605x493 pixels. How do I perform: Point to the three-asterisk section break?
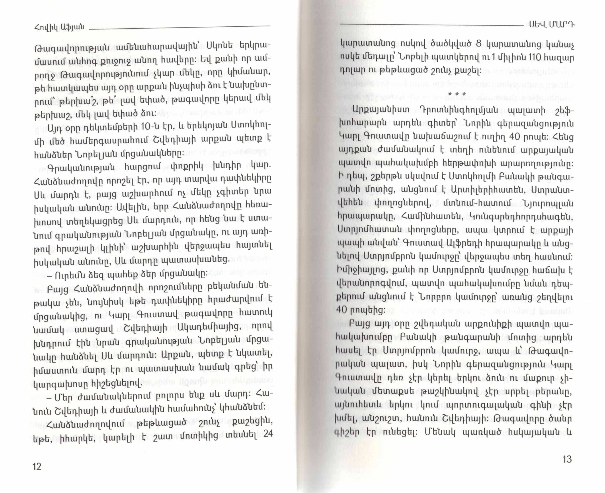pos(457,94)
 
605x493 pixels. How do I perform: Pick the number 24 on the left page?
pos(268,434)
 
